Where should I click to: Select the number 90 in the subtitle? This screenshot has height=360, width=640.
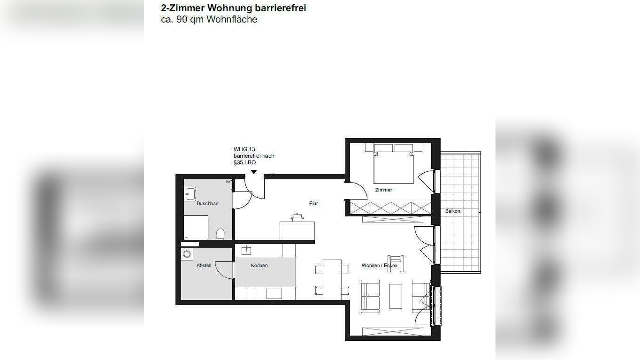(x=182, y=20)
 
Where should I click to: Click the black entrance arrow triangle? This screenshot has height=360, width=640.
(x=254, y=172)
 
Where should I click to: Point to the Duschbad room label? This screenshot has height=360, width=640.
(x=207, y=203)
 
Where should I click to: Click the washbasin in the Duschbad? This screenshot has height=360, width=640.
(x=190, y=193)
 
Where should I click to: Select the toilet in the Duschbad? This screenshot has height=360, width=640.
(x=221, y=234)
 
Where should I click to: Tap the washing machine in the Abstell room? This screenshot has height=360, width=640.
(x=187, y=254)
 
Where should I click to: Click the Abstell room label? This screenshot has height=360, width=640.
(x=204, y=266)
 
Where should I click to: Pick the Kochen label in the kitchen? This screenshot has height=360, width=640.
(x=259, y=266)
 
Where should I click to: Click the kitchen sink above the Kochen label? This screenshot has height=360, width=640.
(x=246, y=250)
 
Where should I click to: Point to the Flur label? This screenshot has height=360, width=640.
(x=313, y=203)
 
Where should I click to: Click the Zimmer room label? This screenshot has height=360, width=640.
(x=383, y=190)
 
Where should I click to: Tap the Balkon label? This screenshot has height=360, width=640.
(x=453, y=211)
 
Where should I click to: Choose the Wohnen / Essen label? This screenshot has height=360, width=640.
(x=379, y=266)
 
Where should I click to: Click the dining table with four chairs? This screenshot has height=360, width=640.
(x=332, y=279)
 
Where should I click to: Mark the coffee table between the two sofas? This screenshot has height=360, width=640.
(x=396, y=296)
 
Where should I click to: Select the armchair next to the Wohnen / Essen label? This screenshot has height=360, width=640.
(x=396, y=263)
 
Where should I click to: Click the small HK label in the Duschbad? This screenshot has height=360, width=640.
(x=229, y=182)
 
